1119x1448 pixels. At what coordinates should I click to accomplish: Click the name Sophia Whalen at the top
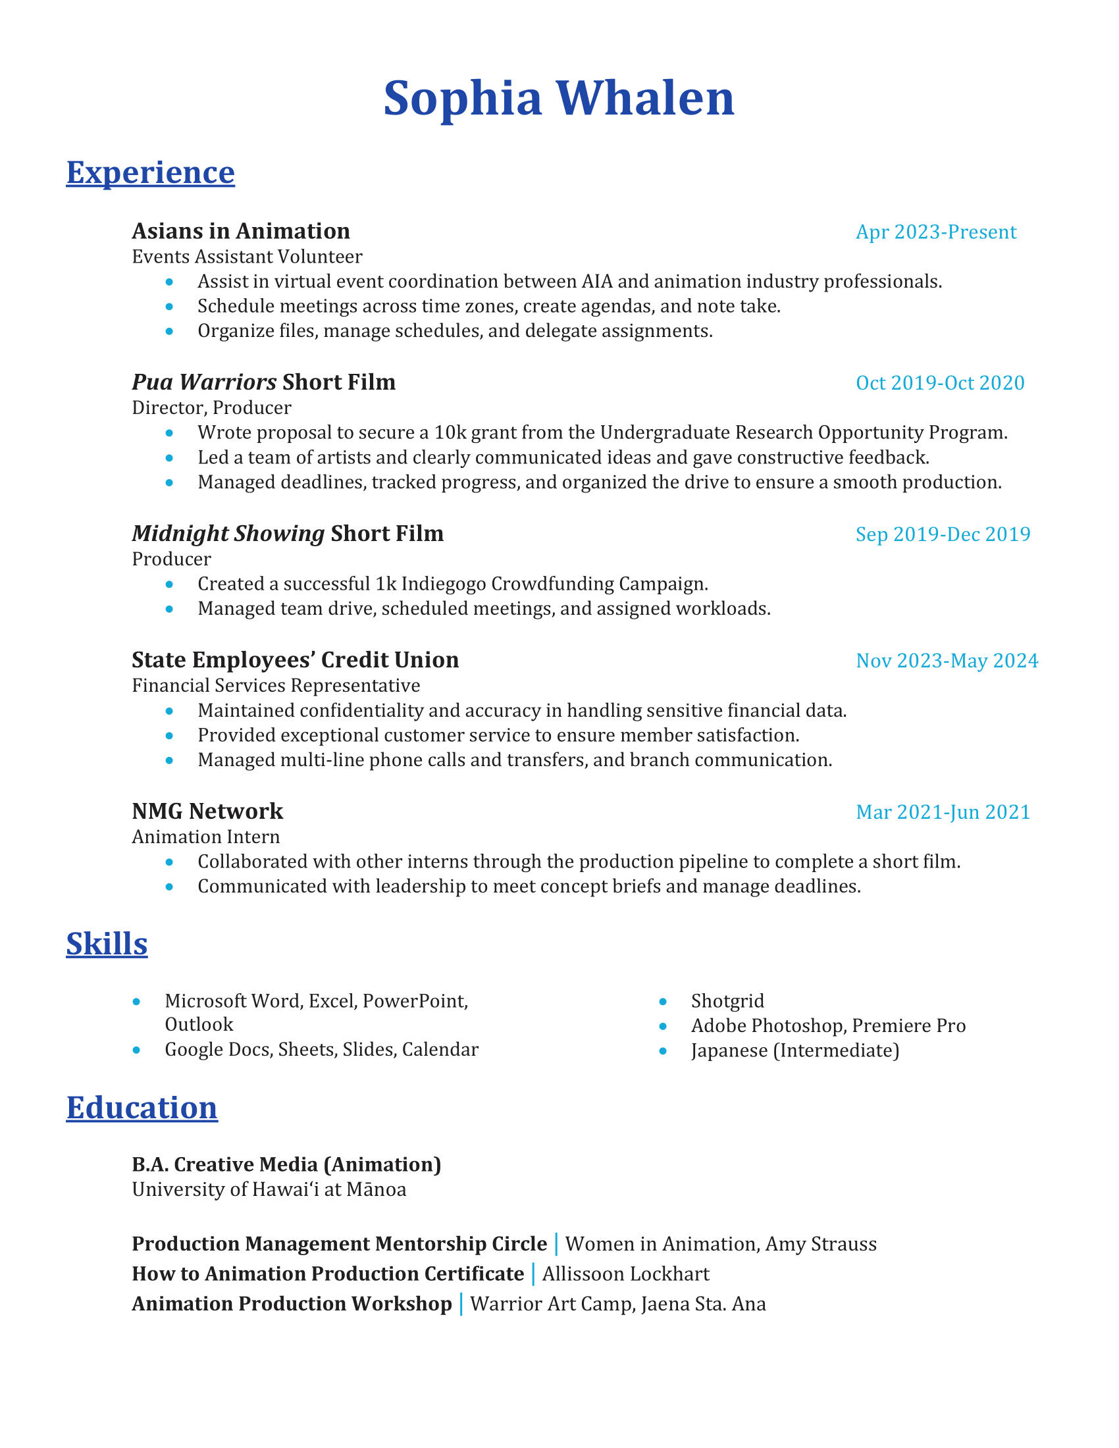(x=559, y=98)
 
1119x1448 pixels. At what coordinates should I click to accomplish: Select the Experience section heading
(x=151, y=172)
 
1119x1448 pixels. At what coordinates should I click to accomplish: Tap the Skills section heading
(x=107, y=943)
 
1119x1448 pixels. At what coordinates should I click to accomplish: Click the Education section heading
(x=142, y=1107)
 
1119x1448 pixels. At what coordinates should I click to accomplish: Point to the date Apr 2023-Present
(x=935, y=232)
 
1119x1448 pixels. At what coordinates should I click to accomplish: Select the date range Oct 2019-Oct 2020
(x=939, y=383)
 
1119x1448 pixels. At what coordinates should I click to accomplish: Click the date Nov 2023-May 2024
(x=947, y=661)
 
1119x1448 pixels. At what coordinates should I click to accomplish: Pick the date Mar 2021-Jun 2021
(x=943, y=812)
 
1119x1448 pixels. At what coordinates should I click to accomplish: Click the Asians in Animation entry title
(x=241, y=232)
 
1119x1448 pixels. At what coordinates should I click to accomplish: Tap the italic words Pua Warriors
(x=204, y=382)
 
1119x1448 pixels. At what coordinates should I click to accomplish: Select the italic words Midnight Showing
(x=228, y=534)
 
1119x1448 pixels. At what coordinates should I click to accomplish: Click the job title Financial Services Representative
(x=276, y=686)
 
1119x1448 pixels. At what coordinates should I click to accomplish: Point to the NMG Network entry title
(x=207, y=812)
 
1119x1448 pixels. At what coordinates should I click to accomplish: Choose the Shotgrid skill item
(x=727, y=1000)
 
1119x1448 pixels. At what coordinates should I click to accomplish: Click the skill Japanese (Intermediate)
(x=795, y=1050)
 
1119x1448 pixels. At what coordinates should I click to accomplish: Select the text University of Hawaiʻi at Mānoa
(x=269, y=1189)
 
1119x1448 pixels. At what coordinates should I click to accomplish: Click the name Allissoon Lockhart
(x=625, y=1274)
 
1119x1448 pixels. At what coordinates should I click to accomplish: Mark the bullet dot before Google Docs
(x=136, y=1050)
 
